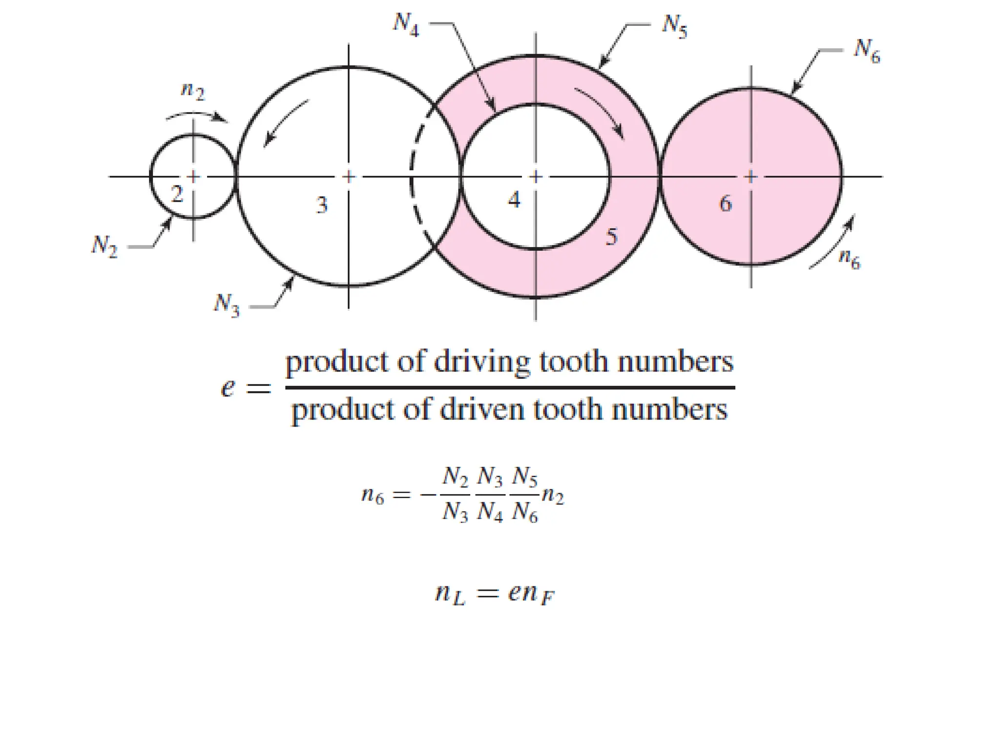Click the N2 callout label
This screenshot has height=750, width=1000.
click(x=104, y=246)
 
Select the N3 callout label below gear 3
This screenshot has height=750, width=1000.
click(x=227, y=305)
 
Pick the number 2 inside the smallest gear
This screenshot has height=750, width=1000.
click(x=177, y=194)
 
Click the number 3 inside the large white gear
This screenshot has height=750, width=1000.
click(x=321, y=205)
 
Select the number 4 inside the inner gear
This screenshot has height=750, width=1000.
click(x=514, y=200)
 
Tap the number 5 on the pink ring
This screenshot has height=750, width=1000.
click(x=612, y=237)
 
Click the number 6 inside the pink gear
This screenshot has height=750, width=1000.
click(x=726, y=203)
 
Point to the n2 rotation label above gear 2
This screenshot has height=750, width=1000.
click(x=193, y=91)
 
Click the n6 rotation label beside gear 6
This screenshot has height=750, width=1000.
click(x=849, y=259)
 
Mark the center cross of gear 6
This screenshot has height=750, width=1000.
click(x=751, y=176)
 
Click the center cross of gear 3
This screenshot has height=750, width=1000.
click(x=348, y=176)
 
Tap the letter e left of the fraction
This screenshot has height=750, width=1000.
click(x=228, y=388)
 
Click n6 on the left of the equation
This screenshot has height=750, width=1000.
click(x=373, y=496)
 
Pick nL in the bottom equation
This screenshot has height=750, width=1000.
click(x=450, y=595)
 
